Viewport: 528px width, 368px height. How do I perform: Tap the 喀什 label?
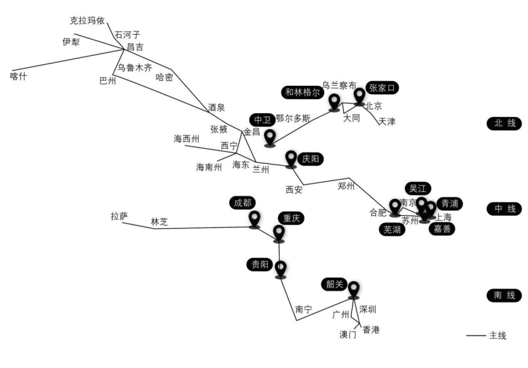pos(20,77)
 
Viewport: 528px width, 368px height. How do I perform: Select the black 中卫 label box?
pos(262,119)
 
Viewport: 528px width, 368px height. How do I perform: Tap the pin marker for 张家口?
pos(360,96)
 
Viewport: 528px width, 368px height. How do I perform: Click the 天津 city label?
pos(386,121)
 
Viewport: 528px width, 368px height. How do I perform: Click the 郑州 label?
pos(346,186)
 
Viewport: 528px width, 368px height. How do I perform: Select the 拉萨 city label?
pos(119,217)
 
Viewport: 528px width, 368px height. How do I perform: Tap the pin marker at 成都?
pos(254,219)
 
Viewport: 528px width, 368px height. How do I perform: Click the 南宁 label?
pos(304,310)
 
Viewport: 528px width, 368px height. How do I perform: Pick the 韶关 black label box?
pos(335,285)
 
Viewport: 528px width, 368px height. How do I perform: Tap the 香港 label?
pos(370,329)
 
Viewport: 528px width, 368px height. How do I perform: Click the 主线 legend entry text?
pos(498,336)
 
